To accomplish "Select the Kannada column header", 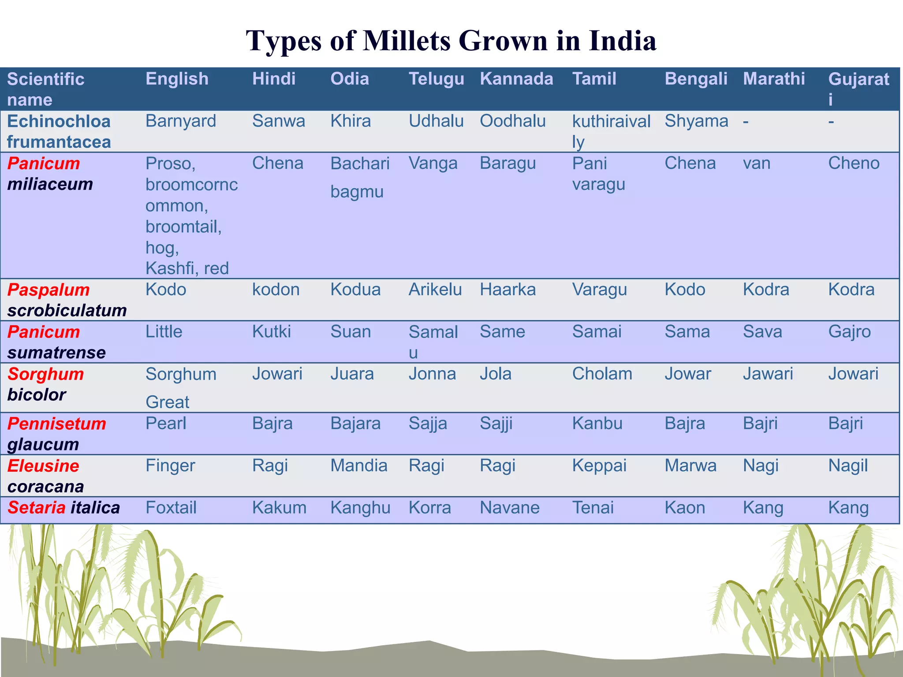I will [x=516, y=79].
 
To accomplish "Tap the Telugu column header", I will [x=437, y=79].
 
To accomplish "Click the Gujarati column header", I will [x=858, y=89].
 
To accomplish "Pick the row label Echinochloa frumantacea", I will [x=59, y=131].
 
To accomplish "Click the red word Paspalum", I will [x=49, y=290].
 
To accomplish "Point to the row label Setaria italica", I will [x=63, y=508].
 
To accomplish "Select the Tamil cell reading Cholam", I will [x=602, y=374].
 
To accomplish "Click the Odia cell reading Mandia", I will [x=359, y=465].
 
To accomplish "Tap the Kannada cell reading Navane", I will [x=509, y=508].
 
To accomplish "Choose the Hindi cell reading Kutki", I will [x=272, y=331].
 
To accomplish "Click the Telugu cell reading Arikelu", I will [x=435, y=290].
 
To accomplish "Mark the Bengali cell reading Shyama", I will [x=696, y=121].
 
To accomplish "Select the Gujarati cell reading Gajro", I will [x=849, y=331].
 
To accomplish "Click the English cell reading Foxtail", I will [x=171, y=508].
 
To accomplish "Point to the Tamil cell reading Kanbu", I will [x=597, y=424].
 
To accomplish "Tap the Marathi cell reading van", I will [x=757, y=164].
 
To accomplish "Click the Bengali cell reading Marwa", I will [x=690, y=465].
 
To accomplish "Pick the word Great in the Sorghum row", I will [x=168, y=402].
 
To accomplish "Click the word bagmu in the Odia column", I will [x=357, y=192].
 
